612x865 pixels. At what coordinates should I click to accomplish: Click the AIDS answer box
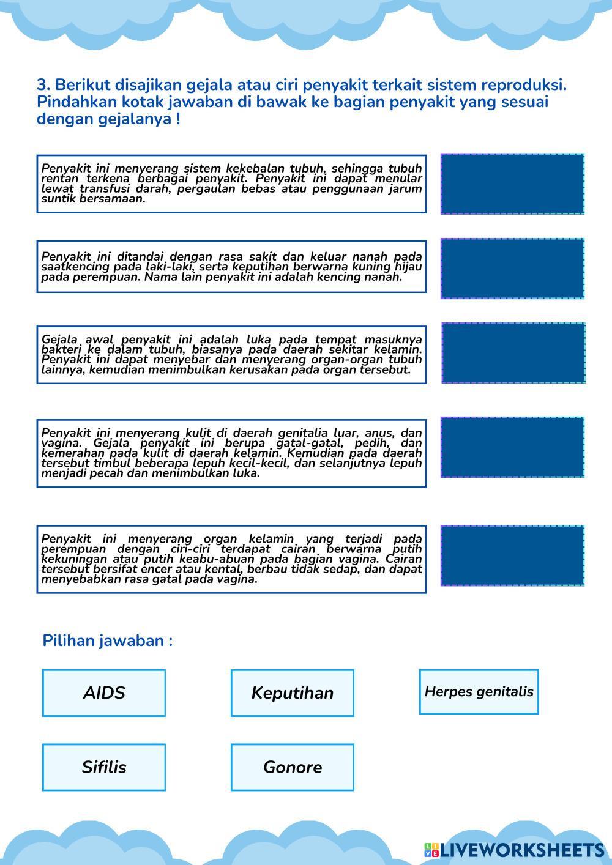(104, 692)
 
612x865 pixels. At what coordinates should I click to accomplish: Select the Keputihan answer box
(293, 692)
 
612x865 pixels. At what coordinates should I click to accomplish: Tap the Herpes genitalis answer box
(479, 691)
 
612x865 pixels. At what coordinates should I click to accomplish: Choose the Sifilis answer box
(104, 767)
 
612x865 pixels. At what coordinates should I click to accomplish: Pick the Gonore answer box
(293, 767)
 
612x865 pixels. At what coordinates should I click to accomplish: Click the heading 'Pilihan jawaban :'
(107, 640)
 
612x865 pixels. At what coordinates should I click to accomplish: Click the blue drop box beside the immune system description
(512, 184)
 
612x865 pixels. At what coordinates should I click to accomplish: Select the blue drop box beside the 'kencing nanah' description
(512, 269)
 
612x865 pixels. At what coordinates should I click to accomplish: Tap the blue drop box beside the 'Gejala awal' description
(513, 353)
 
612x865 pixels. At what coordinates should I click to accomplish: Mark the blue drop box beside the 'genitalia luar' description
(512, 447)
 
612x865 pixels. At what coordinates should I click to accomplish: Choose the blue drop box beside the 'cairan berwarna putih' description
(512, 555)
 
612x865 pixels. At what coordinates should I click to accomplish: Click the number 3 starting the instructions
(42, 84)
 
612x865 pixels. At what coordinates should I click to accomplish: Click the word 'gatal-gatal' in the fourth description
(312, 443)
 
